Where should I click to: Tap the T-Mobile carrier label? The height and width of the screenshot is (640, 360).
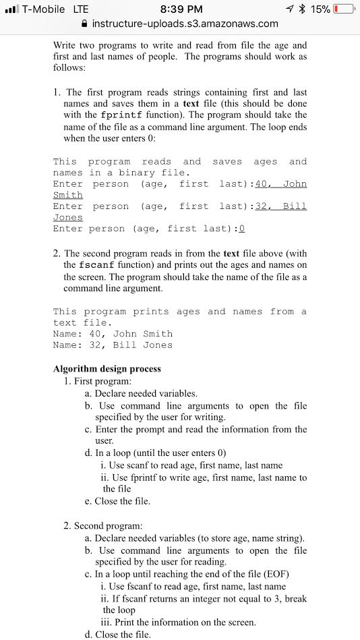44,9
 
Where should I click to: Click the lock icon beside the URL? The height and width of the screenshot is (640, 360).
84,24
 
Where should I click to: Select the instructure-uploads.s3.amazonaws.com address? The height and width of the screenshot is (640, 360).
185,24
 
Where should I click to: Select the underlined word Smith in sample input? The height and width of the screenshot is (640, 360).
67,195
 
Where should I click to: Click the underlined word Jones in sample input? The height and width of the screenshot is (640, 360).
67,217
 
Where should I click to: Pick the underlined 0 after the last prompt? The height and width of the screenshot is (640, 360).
241,229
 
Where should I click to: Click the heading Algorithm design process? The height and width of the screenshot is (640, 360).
107,369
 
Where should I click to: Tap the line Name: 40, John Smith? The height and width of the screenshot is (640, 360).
113,334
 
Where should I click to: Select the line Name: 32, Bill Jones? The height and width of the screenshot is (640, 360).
113,345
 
